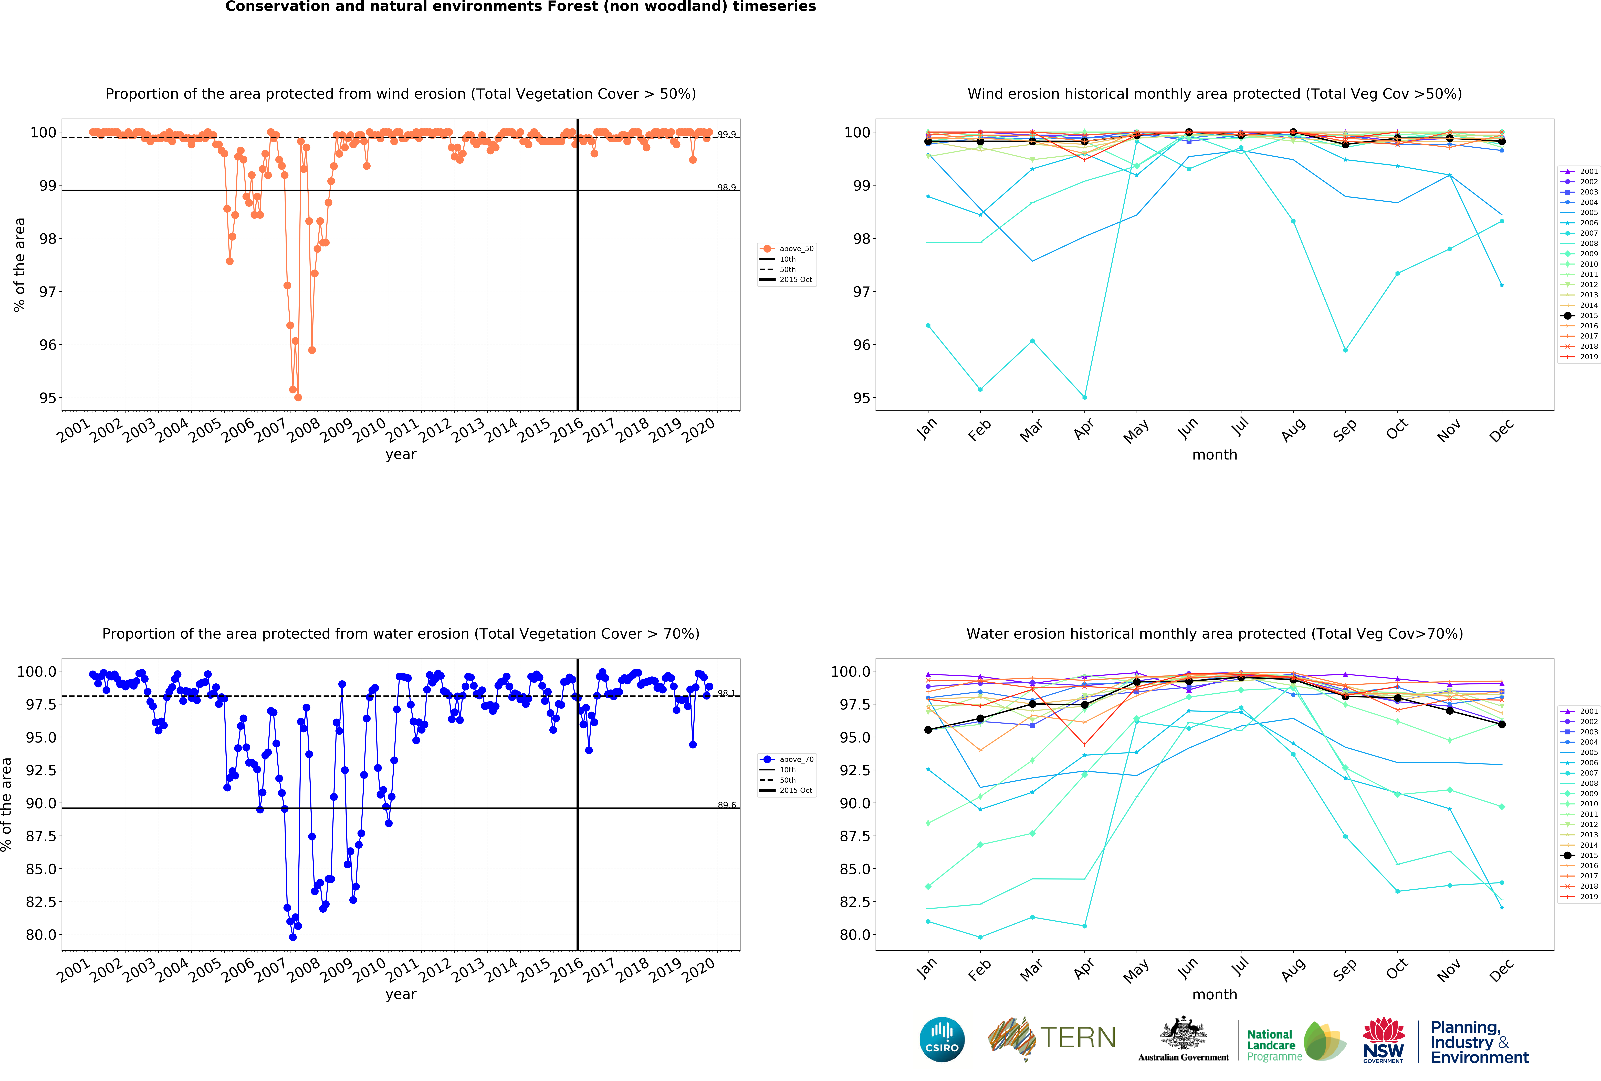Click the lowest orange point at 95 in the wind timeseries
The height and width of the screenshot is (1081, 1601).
pyautogui.click(x=298, y=397)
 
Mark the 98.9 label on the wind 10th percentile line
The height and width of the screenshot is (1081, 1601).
pyautogui.click(x=726, y=187)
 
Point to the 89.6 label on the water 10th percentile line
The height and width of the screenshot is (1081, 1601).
pyautogui.click(x=726, y=805)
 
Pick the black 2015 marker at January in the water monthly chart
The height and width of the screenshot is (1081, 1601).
pyautogui.click(x=928, y=730)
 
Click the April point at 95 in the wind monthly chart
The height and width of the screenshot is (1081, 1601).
pyautogui.click(x=1084, y=397)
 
